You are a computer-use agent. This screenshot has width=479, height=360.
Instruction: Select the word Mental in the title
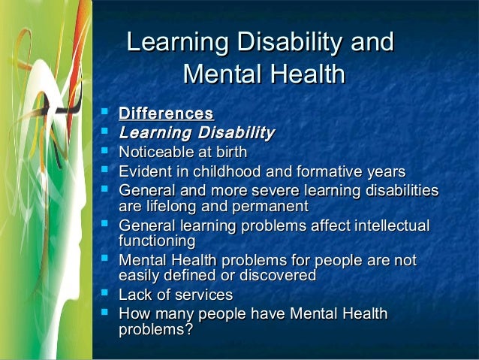[220, 74]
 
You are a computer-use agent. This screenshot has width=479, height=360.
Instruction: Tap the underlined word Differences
[166, 114]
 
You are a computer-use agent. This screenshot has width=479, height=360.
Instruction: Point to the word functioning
[157, 241]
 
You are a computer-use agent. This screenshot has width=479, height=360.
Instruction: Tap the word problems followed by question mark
[151, 330]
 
